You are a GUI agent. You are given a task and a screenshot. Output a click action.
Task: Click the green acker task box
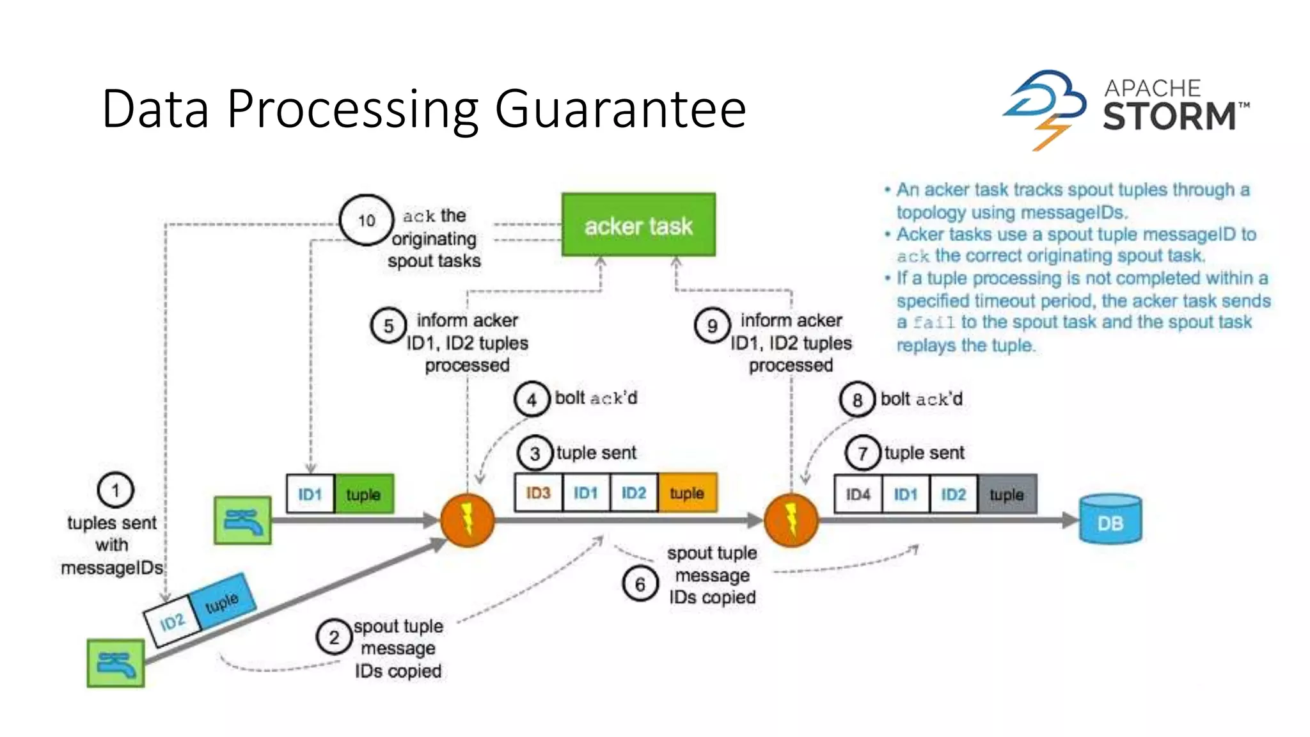(638, 225)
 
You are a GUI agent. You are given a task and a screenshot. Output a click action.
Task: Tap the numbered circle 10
(366, 221)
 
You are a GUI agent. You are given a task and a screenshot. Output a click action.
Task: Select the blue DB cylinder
(1110, 519)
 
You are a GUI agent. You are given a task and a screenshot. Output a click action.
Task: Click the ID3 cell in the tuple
(538, 493)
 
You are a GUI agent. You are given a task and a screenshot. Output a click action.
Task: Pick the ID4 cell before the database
(858, 494)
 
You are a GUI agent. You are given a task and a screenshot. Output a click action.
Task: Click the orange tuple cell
(687, 493)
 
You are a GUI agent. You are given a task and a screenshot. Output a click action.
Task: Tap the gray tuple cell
(1006, 494)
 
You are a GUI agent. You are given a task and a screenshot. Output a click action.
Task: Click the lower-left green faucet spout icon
(116, 663)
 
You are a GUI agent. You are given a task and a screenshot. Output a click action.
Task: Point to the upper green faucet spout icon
(242, 520)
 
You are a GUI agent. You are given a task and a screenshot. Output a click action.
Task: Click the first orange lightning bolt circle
(468, 519)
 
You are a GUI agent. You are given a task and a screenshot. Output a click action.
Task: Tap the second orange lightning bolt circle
(791, 519)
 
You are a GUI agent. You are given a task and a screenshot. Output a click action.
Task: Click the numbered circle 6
(640, 583)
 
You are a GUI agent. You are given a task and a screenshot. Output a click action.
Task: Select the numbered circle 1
(115, 490)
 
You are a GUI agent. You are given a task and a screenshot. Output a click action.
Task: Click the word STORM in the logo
(1169, 116)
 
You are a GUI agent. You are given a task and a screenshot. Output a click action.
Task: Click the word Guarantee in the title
(620, 109)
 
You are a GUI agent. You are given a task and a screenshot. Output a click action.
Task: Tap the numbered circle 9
(712, 326)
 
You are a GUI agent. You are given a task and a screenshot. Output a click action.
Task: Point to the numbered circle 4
(532, 399)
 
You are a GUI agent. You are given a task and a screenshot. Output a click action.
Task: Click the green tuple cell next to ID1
(363, 494)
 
